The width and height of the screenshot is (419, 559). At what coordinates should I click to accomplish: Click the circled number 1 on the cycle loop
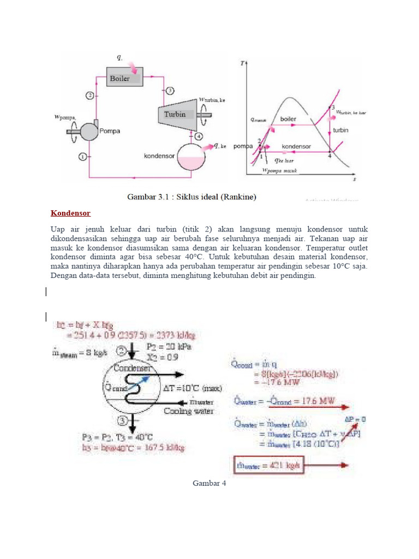pos(82,157)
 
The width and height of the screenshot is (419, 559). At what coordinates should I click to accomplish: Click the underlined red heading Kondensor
pos(71,213)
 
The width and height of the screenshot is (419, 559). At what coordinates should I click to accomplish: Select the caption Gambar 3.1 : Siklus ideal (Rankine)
pos(192,197)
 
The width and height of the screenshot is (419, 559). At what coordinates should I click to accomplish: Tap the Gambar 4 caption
pos(209,483)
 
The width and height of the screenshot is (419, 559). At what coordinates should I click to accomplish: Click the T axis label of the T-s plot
pos(242,64)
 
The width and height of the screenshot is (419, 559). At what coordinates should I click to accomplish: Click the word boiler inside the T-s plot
pos(288,118)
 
